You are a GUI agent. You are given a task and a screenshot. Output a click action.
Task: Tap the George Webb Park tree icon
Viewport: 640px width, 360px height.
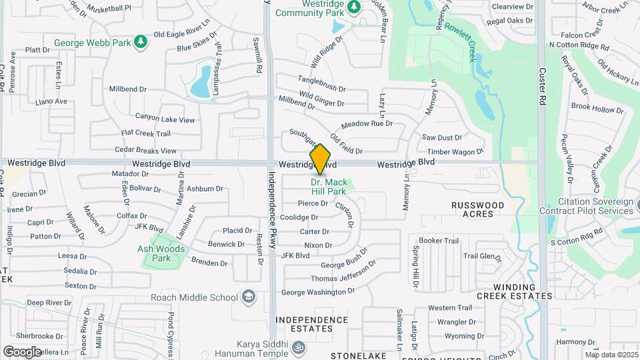click(140, 43)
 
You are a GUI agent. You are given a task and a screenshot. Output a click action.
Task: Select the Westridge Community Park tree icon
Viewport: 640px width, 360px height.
click(354, 7)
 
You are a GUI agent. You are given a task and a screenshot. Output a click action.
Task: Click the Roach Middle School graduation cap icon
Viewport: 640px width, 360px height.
click(248, 297)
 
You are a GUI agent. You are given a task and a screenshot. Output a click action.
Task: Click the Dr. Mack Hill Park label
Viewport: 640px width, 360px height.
click(328, 187)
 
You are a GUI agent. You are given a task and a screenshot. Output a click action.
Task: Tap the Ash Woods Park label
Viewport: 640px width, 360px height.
click(162, 253)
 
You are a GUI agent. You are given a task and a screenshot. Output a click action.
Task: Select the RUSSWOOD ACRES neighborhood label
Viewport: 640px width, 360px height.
click(478, 209)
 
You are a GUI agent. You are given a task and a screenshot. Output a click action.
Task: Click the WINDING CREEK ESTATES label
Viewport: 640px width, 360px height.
click(514, 291)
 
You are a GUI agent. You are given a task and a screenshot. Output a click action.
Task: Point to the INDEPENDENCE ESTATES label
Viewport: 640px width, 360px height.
click(313, 324)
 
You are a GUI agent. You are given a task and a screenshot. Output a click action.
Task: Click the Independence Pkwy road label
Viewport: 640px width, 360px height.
click(272, 210)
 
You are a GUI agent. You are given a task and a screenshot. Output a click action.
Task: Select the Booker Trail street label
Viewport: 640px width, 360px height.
click(439, 241)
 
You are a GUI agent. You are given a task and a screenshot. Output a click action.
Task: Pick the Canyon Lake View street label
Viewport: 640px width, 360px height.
click(165, 120)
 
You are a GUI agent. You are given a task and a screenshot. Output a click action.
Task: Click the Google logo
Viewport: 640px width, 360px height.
click(22, 351)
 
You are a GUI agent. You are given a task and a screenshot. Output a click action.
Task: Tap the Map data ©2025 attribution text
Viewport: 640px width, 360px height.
click(611, 355)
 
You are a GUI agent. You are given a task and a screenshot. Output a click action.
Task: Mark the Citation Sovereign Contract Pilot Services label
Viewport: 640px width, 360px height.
click(590, 206)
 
